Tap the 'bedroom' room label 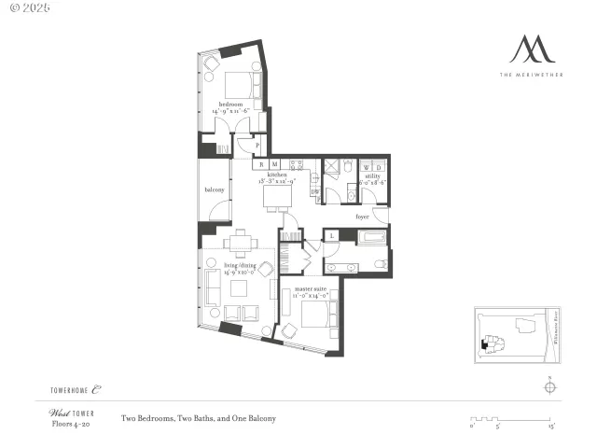tap(230, 104)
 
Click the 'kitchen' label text tap(277, 175)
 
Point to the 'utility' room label tap(371, 175)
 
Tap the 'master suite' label tap(312, 289)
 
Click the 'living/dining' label tap(240, 266)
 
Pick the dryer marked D tap(378, 166)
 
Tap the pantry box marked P tap(257, 146)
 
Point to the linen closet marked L tap(332, 236)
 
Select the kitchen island tap(277, 197)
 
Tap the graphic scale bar tap(513, 419)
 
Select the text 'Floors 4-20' tap(69, 424)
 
